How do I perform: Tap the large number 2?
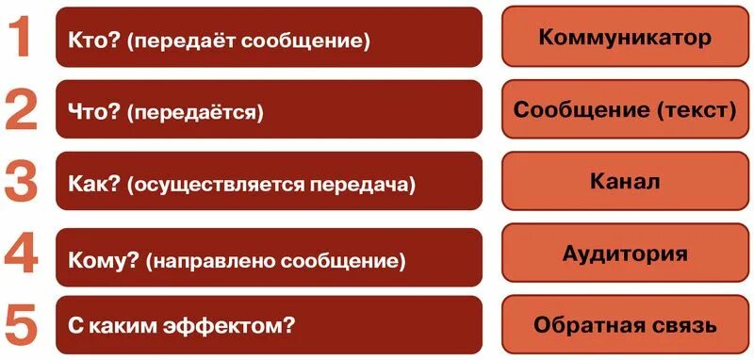coord(22,109)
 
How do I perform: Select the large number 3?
coord(22,181)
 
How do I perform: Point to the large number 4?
coord(22,253)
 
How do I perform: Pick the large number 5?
coord(22,325)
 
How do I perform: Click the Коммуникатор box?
coord(625,38)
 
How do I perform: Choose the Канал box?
coord(625,180)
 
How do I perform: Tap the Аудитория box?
coord(625,253)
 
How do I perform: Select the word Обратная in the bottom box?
coord(582,325)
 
